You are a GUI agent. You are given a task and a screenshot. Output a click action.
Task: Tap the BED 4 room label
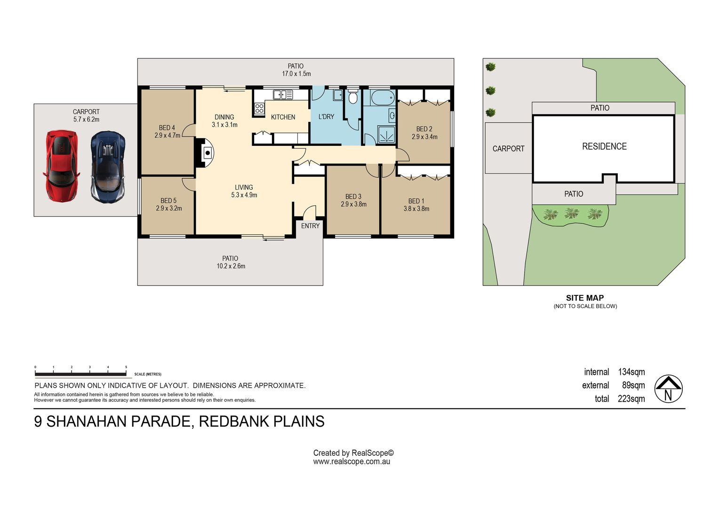[167, 128]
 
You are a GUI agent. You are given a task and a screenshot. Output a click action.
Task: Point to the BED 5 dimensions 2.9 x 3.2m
[168, 208]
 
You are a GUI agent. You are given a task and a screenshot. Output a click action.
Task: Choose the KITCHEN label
[283, 117]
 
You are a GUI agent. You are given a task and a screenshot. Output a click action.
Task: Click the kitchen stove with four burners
[259, 109]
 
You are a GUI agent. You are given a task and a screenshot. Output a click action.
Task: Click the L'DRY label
[326, 117]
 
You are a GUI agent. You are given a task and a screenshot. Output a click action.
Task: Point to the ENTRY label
[310, 226]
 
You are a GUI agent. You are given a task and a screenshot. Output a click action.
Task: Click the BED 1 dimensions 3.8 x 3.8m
[416, 209]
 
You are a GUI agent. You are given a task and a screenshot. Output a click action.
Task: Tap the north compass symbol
[668, 389]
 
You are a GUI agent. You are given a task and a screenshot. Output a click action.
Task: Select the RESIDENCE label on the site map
[604, 147]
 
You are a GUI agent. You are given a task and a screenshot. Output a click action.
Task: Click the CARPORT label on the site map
[508, 149]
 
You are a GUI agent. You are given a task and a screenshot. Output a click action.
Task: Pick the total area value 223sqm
[631, 399]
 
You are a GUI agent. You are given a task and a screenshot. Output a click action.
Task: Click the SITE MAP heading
[584, 298]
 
